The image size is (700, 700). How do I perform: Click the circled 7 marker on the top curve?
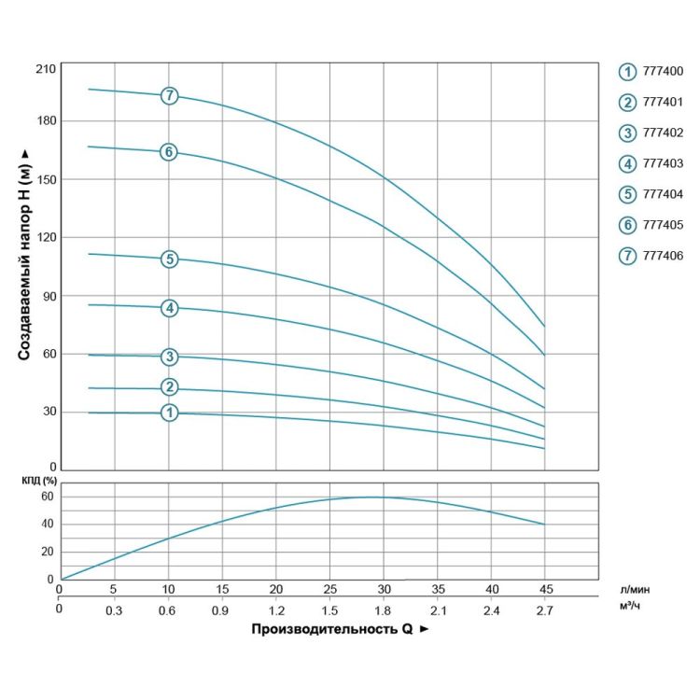169,95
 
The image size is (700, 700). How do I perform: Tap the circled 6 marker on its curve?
169,151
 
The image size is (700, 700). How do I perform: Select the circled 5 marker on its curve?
169,259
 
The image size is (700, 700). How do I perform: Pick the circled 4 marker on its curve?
169,308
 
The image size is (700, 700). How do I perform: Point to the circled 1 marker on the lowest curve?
169,412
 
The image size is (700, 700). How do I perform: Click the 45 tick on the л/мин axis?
546,590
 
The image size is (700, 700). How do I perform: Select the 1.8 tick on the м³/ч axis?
384,610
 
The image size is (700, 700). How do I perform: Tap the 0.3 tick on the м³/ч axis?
114,610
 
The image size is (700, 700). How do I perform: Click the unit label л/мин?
634,590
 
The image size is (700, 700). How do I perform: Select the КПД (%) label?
37,481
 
